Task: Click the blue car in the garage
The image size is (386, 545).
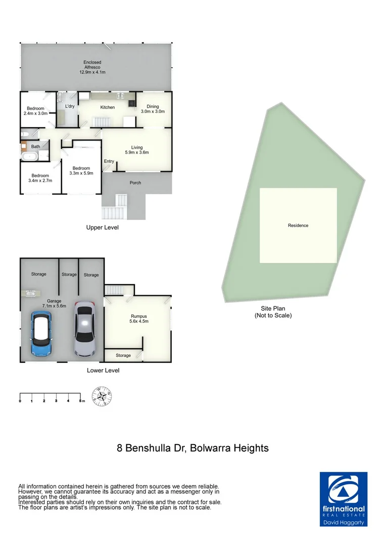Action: (40, 334)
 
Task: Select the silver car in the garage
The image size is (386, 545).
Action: (84, 329)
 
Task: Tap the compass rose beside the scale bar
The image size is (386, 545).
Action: (102, 396)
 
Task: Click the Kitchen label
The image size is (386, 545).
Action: (108, 107)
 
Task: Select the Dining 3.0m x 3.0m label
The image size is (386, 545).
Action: (153, 109)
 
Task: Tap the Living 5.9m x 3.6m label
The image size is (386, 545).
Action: (136, 150)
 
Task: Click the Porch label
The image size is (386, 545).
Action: (135, 183)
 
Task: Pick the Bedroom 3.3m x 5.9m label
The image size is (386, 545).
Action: (81, 171)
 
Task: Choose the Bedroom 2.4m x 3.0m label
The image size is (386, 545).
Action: (35, 111)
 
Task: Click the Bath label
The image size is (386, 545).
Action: (35, 147)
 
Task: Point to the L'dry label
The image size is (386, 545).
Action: (70, 106)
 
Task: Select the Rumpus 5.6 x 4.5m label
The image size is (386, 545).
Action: (138, 319)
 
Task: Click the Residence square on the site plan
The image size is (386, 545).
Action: (298, 226)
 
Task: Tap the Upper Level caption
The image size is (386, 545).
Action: (102, 228)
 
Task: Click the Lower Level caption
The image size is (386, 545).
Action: (103, 370)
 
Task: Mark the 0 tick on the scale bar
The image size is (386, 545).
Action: (20, 401)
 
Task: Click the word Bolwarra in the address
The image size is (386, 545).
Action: (208, 448)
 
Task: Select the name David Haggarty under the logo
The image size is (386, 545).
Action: (344, 523)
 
